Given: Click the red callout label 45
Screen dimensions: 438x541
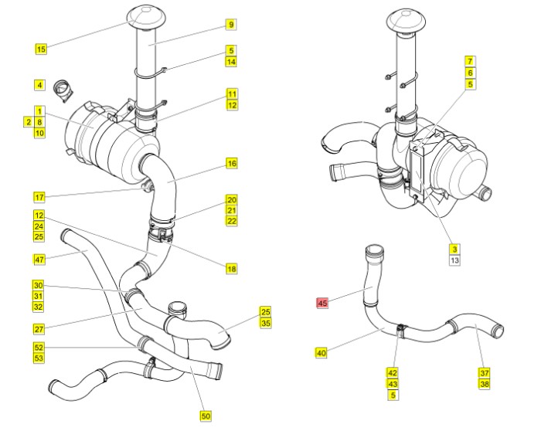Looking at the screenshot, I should (322, 304).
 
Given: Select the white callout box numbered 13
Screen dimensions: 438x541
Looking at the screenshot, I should (454, 260).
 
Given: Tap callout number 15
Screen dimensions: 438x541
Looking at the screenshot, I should (41, 49).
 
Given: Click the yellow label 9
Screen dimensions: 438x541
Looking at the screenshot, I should (230, 25).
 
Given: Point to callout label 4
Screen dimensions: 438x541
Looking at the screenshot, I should (39, 84).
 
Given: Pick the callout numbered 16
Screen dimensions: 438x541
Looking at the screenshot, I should (231, 164).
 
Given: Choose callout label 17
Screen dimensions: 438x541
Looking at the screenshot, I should (39, 196).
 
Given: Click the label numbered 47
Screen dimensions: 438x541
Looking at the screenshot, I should (39, 258).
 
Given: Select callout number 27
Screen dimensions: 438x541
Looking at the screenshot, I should (39, 328).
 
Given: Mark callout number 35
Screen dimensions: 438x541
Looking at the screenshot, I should (265, 324).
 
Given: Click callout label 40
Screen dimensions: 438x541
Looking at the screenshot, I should (322, 353).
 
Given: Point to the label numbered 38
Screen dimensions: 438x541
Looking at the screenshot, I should (485, 383).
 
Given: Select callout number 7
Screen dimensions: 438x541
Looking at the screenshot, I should (469, 60).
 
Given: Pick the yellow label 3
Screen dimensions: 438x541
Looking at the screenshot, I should (454, 249).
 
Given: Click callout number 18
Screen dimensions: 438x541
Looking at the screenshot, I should (231, 269).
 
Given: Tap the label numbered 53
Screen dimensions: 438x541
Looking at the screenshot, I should (39, 358).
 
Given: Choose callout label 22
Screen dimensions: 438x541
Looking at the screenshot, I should (231, 221).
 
